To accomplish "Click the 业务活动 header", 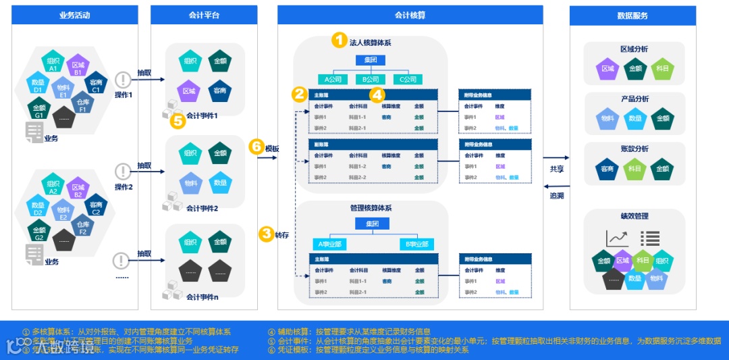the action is point(74,15).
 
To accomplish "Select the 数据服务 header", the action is point(632,16).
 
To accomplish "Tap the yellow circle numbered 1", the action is point(339,41).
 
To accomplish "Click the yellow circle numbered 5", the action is point(178,121).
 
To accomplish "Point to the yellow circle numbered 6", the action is point(256,147).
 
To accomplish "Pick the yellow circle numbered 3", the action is point(266,234).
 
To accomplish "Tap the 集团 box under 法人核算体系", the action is point(371,60).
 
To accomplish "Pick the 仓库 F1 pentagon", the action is point(83,105).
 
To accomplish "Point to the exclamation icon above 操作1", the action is point(122,79).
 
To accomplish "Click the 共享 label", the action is point(556,170).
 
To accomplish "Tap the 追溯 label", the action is point(556,196).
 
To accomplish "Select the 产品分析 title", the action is point(634,99).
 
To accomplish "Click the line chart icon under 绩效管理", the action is point(616,238).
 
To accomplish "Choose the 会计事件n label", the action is point(202,297).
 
